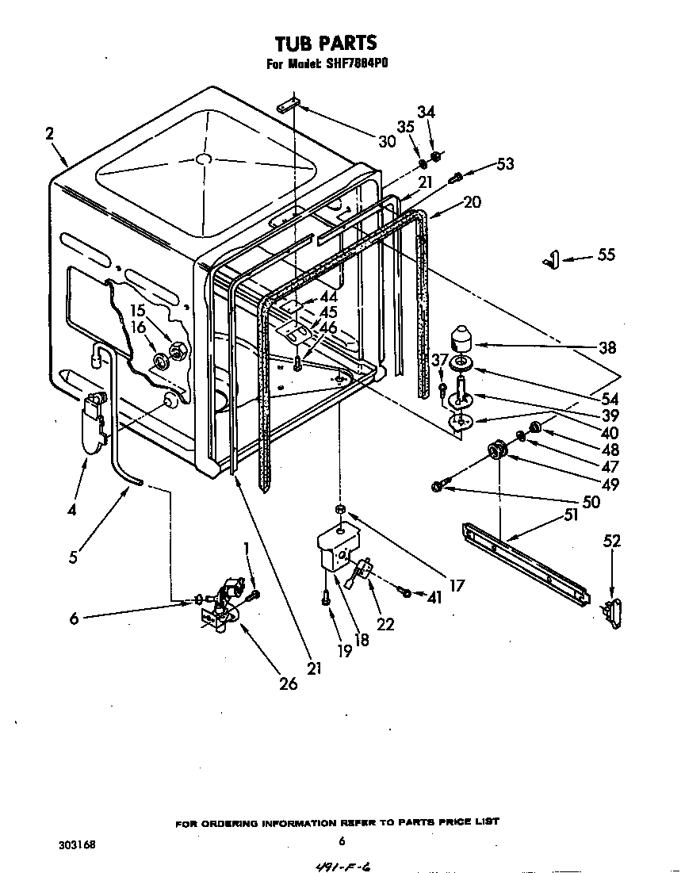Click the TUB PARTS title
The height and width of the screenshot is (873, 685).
[325, 42]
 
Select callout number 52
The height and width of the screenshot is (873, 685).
[611, 542]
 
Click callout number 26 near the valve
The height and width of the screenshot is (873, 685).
[289, 682]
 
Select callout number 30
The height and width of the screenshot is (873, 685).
[386, 142]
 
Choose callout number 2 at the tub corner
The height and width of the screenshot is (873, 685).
[49, 134]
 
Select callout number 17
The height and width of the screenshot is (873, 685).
[456, 587]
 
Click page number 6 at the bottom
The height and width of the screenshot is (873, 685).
[341, 841]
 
